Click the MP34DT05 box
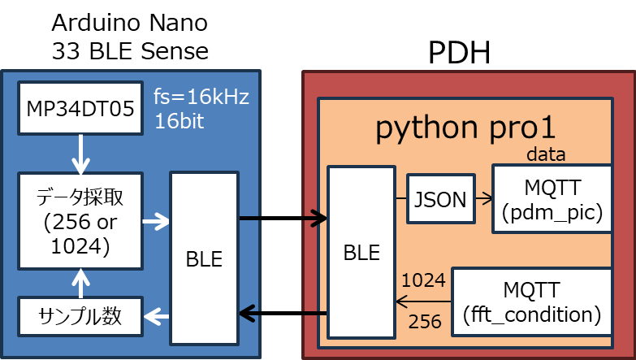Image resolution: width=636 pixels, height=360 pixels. click(x=80, y=109)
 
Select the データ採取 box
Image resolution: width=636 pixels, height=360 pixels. click(x=80, y=220)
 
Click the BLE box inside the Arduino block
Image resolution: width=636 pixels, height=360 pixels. click(x=204, y=258)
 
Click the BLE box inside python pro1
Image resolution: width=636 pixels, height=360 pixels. click(x=361, y=252)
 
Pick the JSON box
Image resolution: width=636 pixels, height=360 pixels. click(x=439, y=198)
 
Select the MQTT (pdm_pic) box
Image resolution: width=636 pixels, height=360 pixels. click(x=552, y=198)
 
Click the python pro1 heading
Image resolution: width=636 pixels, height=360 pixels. click(x=465, y=129)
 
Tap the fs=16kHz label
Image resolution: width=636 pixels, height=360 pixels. click(x=201, y=98)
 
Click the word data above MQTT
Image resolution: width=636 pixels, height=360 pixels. click(x=545, y=154)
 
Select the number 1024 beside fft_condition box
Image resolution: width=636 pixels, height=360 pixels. click(x=423, y=280)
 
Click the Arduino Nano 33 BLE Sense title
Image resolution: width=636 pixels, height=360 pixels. click(x=130, y=37)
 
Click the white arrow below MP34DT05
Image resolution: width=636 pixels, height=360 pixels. click(x=80, y=152)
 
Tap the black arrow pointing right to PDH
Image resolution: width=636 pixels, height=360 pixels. click(x=283, y=218)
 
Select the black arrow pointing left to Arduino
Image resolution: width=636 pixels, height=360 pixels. click(x=283, y=313)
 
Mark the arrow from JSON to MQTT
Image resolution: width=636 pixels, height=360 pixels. click(x=482, y=197)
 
